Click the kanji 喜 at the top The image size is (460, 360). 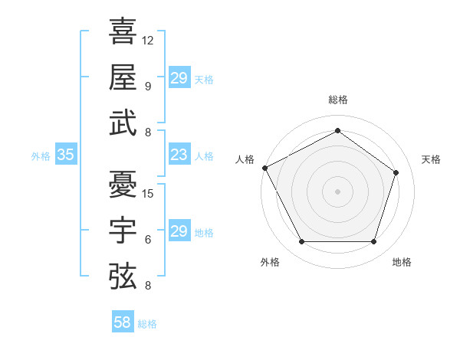click(x=123, y=31)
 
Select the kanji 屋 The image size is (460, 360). click(x=123, y=77)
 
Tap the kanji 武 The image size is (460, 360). click(x=123, y=123)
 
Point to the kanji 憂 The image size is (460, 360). click(x=123, y=185)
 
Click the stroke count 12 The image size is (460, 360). click(x=148, y=40)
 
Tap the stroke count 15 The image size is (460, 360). click(x=148, y=193)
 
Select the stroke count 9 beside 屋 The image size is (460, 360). click(x=148, y=86)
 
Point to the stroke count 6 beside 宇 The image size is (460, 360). click(x=148, y=239)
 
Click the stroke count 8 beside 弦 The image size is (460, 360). click(x=148, y=286)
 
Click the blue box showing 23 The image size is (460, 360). click(x=179, y=155)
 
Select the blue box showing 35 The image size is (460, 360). click(x=65, y=155)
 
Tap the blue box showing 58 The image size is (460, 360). click(x=122, y=323)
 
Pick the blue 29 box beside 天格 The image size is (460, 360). click(x=179, y=78)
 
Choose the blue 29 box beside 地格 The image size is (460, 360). click(x=179, y=231)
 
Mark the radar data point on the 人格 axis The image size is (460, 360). click(x=264, y=168)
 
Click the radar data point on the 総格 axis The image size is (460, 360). click(x=337, y=131)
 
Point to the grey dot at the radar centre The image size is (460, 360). click(x=337, y=191)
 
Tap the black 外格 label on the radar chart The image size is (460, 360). click(x=270, y=262)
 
